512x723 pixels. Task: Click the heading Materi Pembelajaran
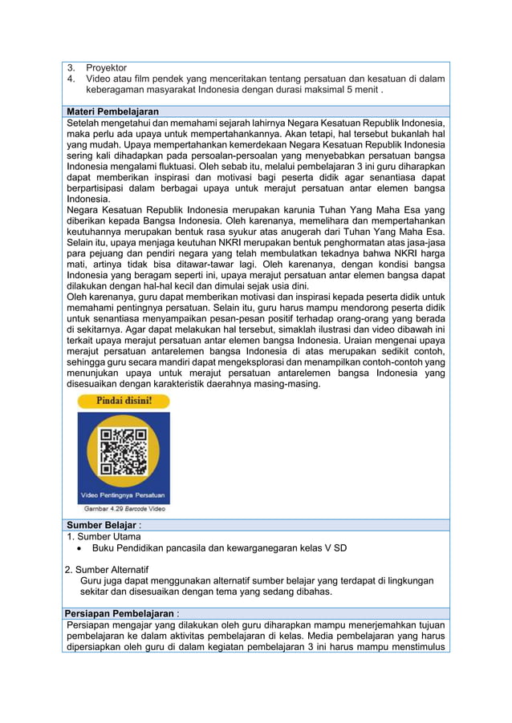click(x=112, y=111)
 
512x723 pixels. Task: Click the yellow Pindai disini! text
click(x=124, y=400)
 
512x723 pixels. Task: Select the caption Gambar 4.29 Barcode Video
click(x=125, y=508)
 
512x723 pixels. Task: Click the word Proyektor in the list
click(x=106, y=68)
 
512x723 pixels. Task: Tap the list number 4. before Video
click(x=71, y=79)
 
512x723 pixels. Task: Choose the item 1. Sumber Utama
click(x=104, y=537)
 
